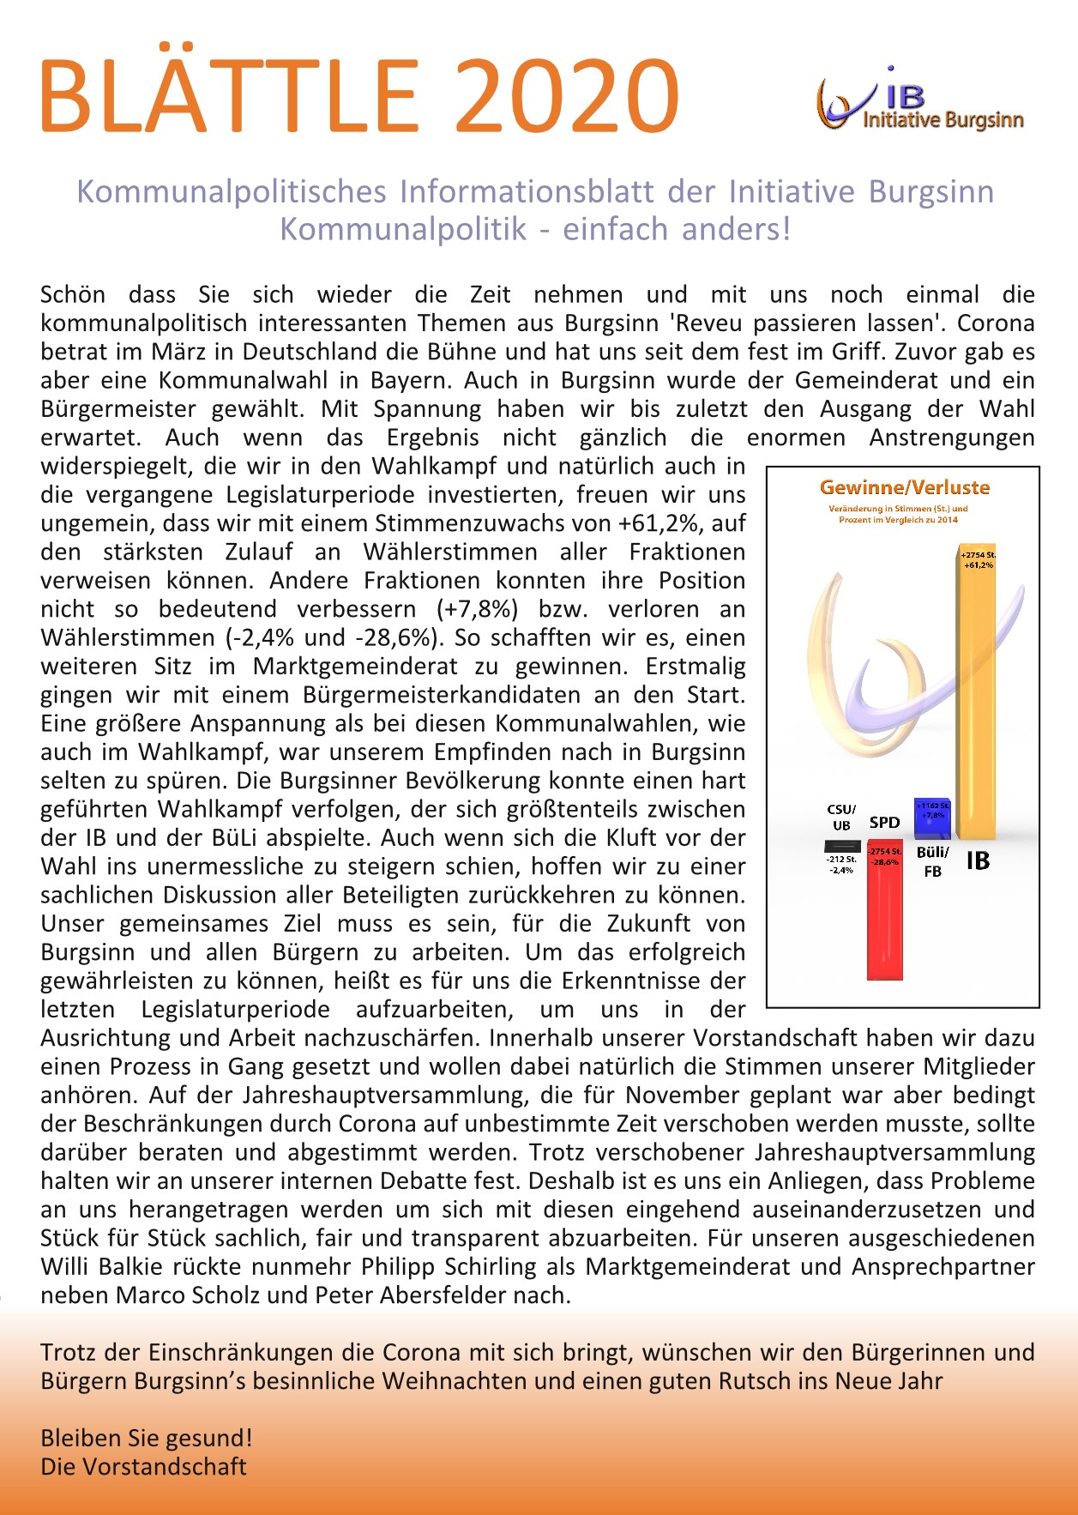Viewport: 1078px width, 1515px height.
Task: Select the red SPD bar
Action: point(884,918)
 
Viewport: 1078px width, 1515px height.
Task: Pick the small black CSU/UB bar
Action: point(841,846)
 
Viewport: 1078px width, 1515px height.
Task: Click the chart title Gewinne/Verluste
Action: point(905,487)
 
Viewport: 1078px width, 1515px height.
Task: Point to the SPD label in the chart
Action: point(884,822)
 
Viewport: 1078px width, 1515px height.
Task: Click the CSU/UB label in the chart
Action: point(841,817)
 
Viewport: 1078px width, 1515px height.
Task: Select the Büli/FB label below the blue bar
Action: point(933,861)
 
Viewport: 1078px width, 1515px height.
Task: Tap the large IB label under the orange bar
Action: point(978,860)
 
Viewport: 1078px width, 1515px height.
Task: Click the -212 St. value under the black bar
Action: point(841,859)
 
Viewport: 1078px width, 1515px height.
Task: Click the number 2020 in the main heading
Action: point(566,96)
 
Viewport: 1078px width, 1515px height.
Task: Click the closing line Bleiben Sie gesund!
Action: point(147,1438)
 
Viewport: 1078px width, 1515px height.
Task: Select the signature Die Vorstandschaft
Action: point(143,1467)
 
